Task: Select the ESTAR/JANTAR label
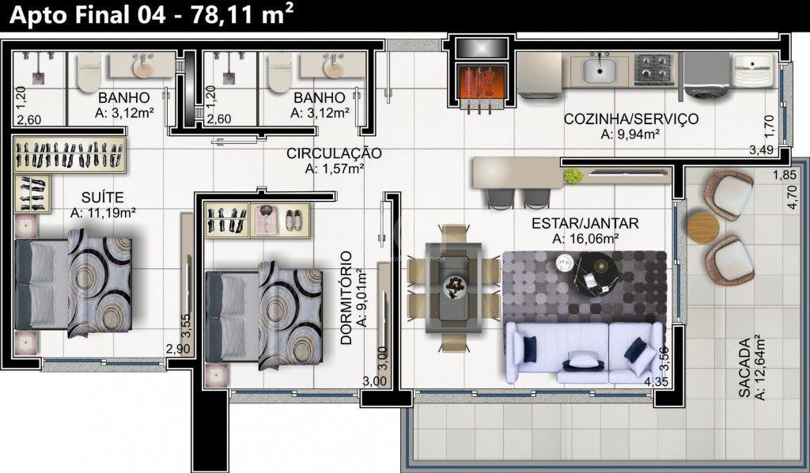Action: click(585, 222)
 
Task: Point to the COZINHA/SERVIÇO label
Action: click(630, 119)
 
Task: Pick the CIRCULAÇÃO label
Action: click(334, 153)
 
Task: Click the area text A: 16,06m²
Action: click(585, 238)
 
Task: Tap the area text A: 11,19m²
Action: click(103, 212)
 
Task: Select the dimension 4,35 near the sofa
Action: click(657, 383)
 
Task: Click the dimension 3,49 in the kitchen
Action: click(761, 148)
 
